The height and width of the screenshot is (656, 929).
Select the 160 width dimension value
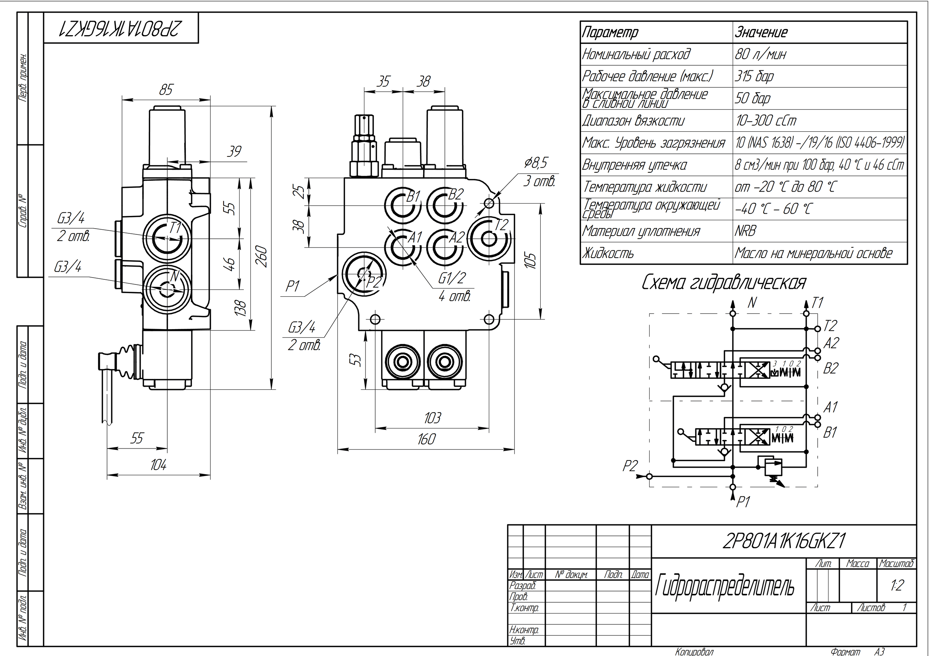pyautogui.click(x=426, y=439)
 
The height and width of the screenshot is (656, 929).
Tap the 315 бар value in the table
pyautogui.click(x=754, y=76)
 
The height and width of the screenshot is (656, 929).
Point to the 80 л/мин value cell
pyautogui.click(x=760, y=54)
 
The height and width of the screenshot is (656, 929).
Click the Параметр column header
pyautogui.click(x=610, y=32)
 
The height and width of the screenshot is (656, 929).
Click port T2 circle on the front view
pyautogui.click(x=489, y=239)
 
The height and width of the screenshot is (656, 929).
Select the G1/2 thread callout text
pyautogui.click(x=452, y=278)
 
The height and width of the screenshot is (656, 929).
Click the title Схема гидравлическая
pyautogui.click(x=724, y=283)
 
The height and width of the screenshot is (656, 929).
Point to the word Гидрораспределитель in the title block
pyautogui.click(x=724, y=586)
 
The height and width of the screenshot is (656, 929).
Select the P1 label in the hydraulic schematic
pyautogui.click(x=742, y=502)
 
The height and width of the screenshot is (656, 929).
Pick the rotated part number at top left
pyautogui.click(x=120, y=28)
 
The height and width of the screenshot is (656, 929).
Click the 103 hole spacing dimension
pyautogui.click(x=432, y=418)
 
